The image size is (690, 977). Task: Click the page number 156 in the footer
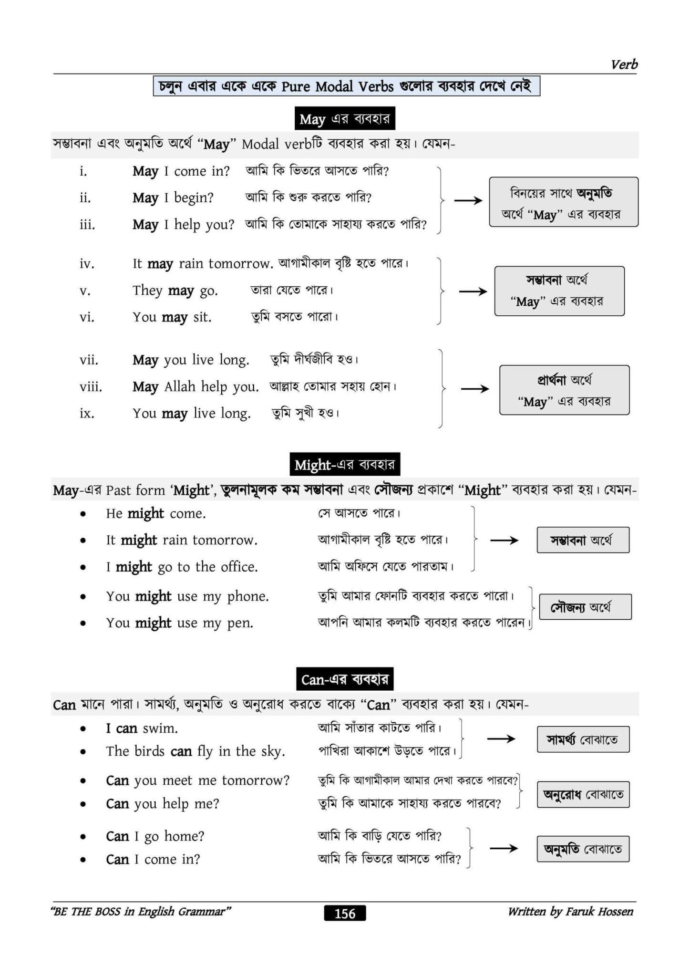coord(345,913)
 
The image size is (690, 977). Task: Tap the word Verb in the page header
coord(624,64)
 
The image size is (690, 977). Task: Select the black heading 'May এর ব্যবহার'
coord(344,118)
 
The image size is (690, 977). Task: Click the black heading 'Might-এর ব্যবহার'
coord(344,464)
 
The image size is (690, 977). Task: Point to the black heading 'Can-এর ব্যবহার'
coord(344,679)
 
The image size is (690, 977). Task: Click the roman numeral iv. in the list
coord(87,263)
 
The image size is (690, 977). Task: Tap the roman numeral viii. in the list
coord(91,386)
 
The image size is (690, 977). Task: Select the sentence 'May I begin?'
coord(173,197)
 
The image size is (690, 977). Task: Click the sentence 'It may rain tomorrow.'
coord(203,263)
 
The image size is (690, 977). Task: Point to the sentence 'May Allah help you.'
coord(196,386)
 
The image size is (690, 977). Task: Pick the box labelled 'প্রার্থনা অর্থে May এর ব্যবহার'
coord(564,390)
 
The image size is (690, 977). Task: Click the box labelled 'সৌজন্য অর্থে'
coord(585,607)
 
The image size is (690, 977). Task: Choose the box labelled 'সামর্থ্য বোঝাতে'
coord(583,739)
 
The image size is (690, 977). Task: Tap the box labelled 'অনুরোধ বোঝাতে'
coord(583,794)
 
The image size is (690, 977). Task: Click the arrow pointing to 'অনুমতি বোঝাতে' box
coord(504,848)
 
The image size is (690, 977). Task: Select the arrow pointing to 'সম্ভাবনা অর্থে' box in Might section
coord(504,540)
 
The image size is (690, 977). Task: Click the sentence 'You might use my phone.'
coord(187,596)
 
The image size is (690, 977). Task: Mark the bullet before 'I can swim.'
coord(83,729)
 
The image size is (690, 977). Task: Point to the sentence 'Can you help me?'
coord(162,804)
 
